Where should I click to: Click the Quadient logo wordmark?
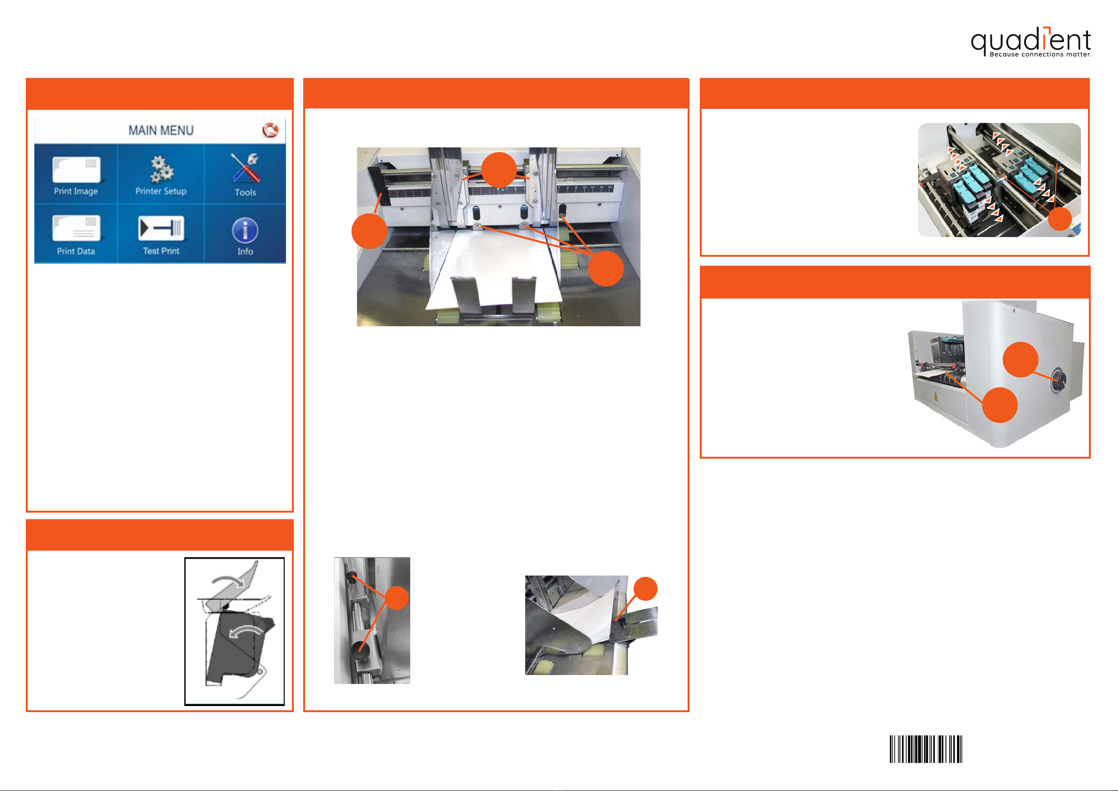pos(1030,39)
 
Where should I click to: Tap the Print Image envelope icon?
pos(77,169)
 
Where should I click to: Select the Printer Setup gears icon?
pos(161,169)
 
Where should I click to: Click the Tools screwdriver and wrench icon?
pos(245,167)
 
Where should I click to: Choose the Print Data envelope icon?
pos(77,228)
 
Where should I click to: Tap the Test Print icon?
pos(161,228)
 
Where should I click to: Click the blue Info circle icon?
pos(245,230)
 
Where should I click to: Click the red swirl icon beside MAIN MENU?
pos(270,130)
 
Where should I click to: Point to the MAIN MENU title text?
pos(161,131)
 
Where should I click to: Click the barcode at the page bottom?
pos(926,749)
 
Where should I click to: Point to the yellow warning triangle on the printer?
pos(935,398)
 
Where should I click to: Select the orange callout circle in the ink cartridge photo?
pos(1060,219)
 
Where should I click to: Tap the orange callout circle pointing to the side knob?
pos(1021,360)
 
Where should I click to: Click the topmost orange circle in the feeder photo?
pos(498,170)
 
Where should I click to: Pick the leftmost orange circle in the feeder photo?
pos(369,231)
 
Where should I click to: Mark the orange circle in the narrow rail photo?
pos(397,598)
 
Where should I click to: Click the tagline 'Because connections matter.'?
pos(1040,54)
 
